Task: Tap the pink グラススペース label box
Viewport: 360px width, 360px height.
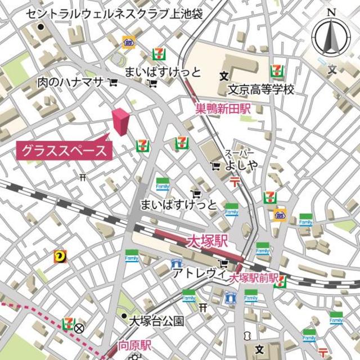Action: [x=64, y=151]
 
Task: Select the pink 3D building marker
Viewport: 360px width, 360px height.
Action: [x=120, y=121]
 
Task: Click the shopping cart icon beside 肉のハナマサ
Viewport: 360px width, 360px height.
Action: [x=114, y=83]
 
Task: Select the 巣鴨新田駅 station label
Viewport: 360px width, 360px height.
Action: [x=223, y=110]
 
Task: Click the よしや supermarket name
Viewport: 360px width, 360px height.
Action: [x=242, y=165]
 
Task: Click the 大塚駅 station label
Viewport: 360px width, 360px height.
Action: [x=207, y=242]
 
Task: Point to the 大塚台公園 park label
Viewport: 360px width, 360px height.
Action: [x=157, y=321]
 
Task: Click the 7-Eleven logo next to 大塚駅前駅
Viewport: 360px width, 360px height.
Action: [x=279, y=281]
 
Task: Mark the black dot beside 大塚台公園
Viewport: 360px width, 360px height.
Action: [x=124, y=317]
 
